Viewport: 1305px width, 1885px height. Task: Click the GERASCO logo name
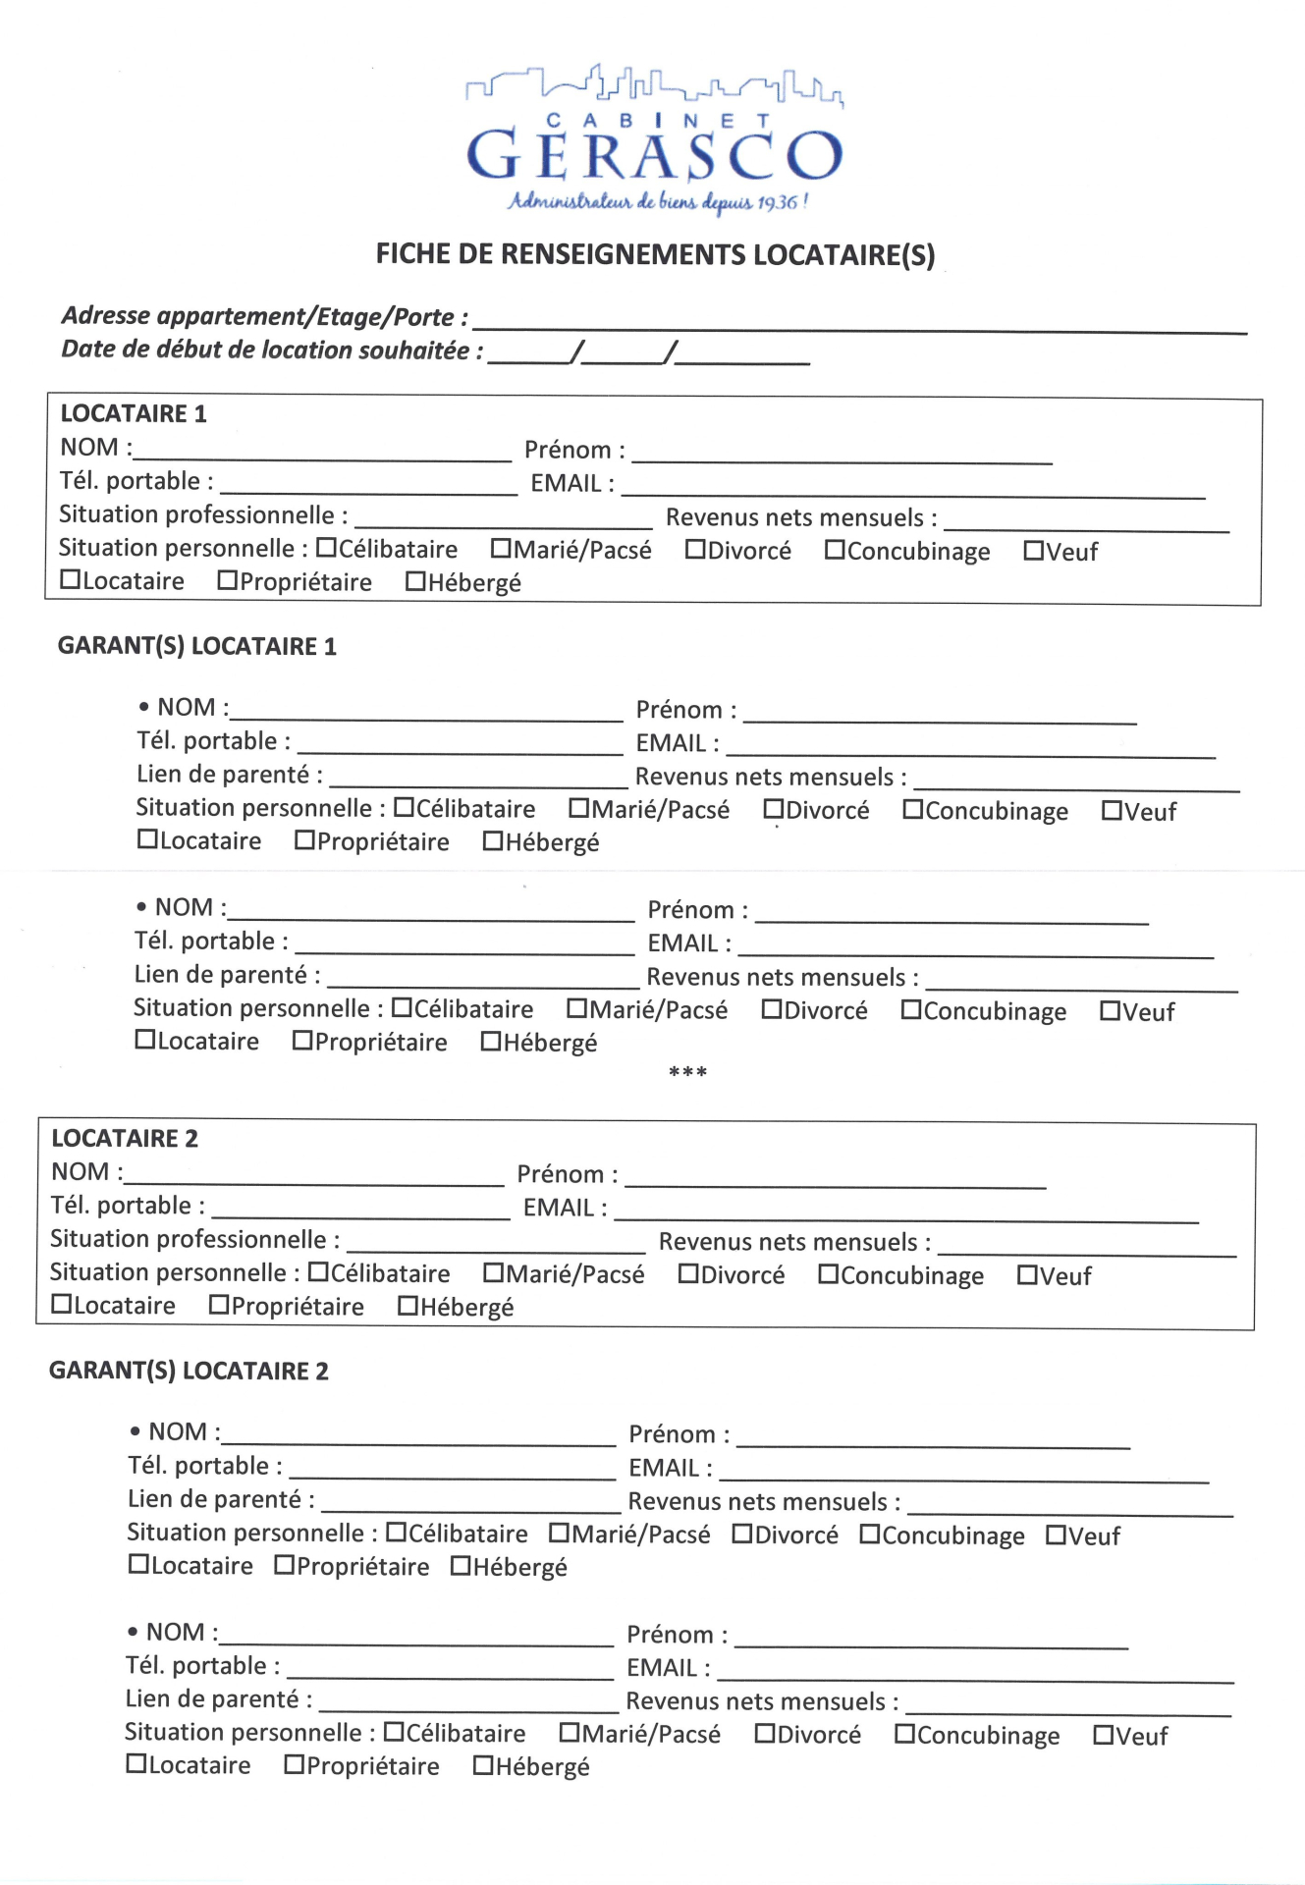point(655,155)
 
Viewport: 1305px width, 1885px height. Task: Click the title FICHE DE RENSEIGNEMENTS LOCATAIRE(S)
point(655,254)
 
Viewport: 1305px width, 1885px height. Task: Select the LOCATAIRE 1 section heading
point(134,413)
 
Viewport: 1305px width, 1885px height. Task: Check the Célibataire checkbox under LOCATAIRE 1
point(326,548)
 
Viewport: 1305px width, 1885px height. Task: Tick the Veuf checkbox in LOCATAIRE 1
point(1033,551)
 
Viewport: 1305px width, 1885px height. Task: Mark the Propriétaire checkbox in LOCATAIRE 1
point(228,581)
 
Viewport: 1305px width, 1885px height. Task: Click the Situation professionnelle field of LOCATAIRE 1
point(504,520)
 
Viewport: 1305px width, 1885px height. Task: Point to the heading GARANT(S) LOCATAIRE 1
point(197,646)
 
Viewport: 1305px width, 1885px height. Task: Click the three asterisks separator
point(687,1072)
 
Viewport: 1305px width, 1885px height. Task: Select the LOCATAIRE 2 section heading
point(125,1138)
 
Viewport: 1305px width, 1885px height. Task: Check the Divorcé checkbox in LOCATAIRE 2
point(688,1274)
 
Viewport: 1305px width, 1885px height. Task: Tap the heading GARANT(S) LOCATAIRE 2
point(189,1371)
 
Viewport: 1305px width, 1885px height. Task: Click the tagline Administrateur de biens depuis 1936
point(657,202)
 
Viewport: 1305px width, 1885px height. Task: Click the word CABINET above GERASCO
point(655,121)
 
